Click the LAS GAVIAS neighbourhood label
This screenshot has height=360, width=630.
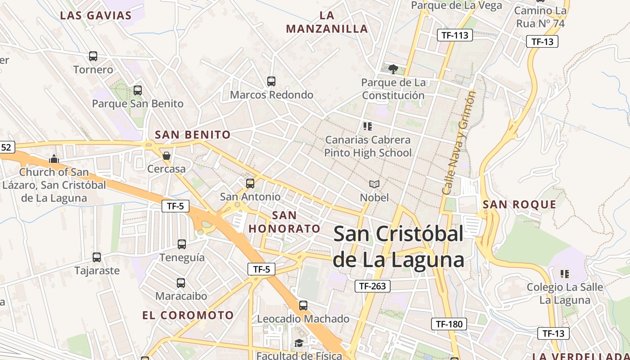pyautogui.click(x=96, y=15)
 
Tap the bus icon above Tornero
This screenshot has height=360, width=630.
pyautogui.click(x=93, y=56)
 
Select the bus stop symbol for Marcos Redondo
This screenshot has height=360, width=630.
pyautogui.click(x=271, y=81)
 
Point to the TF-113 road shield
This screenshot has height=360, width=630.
pyautogui.click(x=455, y=35)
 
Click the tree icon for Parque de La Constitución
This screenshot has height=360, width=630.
pyautogui.click(x=393, y=69)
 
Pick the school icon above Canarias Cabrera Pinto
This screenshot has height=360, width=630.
pyautogui.click(x=368, y=126)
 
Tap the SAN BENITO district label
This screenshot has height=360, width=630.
pyautogui.click(x=193, y=135)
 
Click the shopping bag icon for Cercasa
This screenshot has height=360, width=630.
pyautogui.click(x=166, y=156)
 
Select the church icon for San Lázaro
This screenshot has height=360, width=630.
pyautogui.click(x=54, y=159)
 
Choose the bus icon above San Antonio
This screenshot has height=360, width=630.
pyautogui.click(x=250, y=184)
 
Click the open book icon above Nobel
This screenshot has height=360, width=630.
pyautogui.click(x=374, y=184)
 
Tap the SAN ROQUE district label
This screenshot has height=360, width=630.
pyautogui.click(x=519, y=205)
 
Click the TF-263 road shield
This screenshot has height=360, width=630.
pyautogui.click(x=373, y=286)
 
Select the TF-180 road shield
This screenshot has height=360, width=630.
pyautogui.click(x=449, y=324)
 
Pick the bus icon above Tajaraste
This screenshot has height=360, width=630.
pyautogui.click(x=97, y=257)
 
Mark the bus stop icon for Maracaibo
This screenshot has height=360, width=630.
pyautogui.click(x=181, y=283)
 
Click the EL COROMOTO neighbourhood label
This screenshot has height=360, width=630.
pyautogui.click(x=188, y=315)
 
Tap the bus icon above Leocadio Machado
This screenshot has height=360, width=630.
pyautogui.click(x=303, y=306)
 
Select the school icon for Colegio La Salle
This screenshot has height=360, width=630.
pyautogui.click(x=565, y=274)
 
